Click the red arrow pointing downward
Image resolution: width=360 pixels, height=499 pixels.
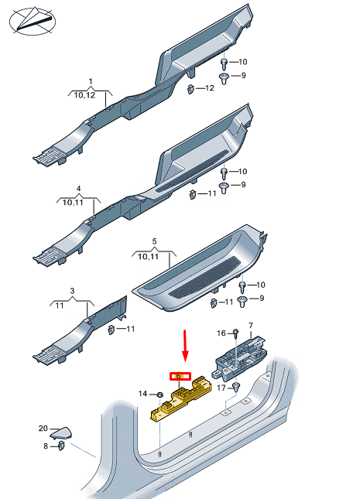tap(184, 345)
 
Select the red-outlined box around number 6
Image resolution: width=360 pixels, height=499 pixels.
tap(180, 377)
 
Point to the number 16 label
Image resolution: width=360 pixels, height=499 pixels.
tap(220, 333)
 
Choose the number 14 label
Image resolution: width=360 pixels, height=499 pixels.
tap(142, 395)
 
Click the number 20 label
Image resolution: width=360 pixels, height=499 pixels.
tap(43, 428)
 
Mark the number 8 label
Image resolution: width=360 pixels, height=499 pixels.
tap(46, 446)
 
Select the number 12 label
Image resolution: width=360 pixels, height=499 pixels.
tap(209, 89)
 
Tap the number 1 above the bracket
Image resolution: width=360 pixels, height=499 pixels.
tap(90, 81)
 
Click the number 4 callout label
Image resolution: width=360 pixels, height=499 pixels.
tap(78, 189)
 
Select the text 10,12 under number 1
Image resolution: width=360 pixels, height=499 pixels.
tap(90, 94)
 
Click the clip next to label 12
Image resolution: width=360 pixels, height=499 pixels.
tap(190, 90)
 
